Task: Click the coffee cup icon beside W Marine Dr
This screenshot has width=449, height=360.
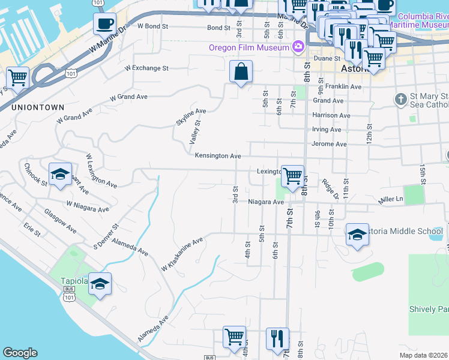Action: coord(104,24)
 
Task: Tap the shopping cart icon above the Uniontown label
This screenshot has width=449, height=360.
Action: coord(18,77)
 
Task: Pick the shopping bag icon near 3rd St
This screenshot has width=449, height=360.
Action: coord(240,72)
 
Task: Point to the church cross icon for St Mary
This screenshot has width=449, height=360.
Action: coord(400,98)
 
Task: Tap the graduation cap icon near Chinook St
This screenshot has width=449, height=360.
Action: coord(60,174)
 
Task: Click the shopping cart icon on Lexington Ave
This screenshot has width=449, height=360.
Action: coord(292,176)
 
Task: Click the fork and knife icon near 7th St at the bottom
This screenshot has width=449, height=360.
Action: coord(277,338)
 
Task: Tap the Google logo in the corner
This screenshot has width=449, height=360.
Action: coord(20,353)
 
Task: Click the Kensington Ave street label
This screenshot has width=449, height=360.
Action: coord(217,156)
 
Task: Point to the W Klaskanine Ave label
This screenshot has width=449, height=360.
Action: coord(182,254)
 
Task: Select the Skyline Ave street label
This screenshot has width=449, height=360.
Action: coord(191,115)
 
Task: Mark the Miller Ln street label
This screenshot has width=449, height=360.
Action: coord(390,199)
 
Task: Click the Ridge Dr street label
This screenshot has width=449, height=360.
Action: coord(330,188)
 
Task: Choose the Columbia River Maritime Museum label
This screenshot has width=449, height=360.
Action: coord(415,20)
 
